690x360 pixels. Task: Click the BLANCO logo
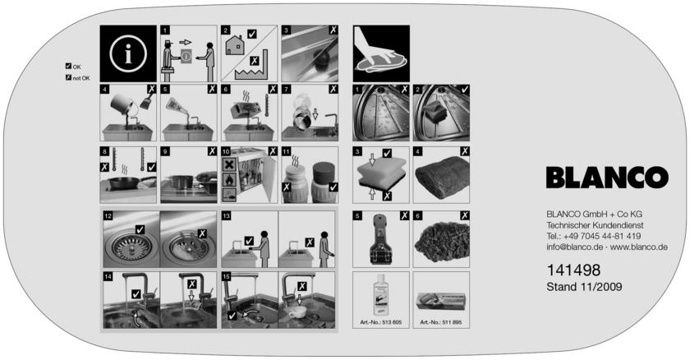click(x=607, y=178)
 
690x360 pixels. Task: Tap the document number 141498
click(x=573, y=270)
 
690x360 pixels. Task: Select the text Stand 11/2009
click(x=584, y=287)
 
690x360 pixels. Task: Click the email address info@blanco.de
click(x=575, y=247)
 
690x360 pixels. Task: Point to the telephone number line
click(x=594, y=236)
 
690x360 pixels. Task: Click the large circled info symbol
click(x=128, y=53)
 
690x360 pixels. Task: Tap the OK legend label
click(x=73, y=67)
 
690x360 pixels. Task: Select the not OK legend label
click(x=77, y=78)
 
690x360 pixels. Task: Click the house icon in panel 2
click(x=235, y=45)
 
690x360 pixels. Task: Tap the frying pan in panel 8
click(x=128, y=182)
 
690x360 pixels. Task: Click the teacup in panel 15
click(x=297, y=312)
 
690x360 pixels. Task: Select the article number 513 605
click(x=381, y=322)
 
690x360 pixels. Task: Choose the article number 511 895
click(x=441, y=322)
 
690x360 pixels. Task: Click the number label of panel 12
click(x=108, y=215)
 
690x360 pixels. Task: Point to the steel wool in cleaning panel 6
click(x=440, y=241)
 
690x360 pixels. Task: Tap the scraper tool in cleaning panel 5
click(x=379, y=239)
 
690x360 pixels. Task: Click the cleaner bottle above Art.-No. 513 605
click(x=380, y=294)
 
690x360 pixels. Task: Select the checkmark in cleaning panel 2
click(x=465, y=90)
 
